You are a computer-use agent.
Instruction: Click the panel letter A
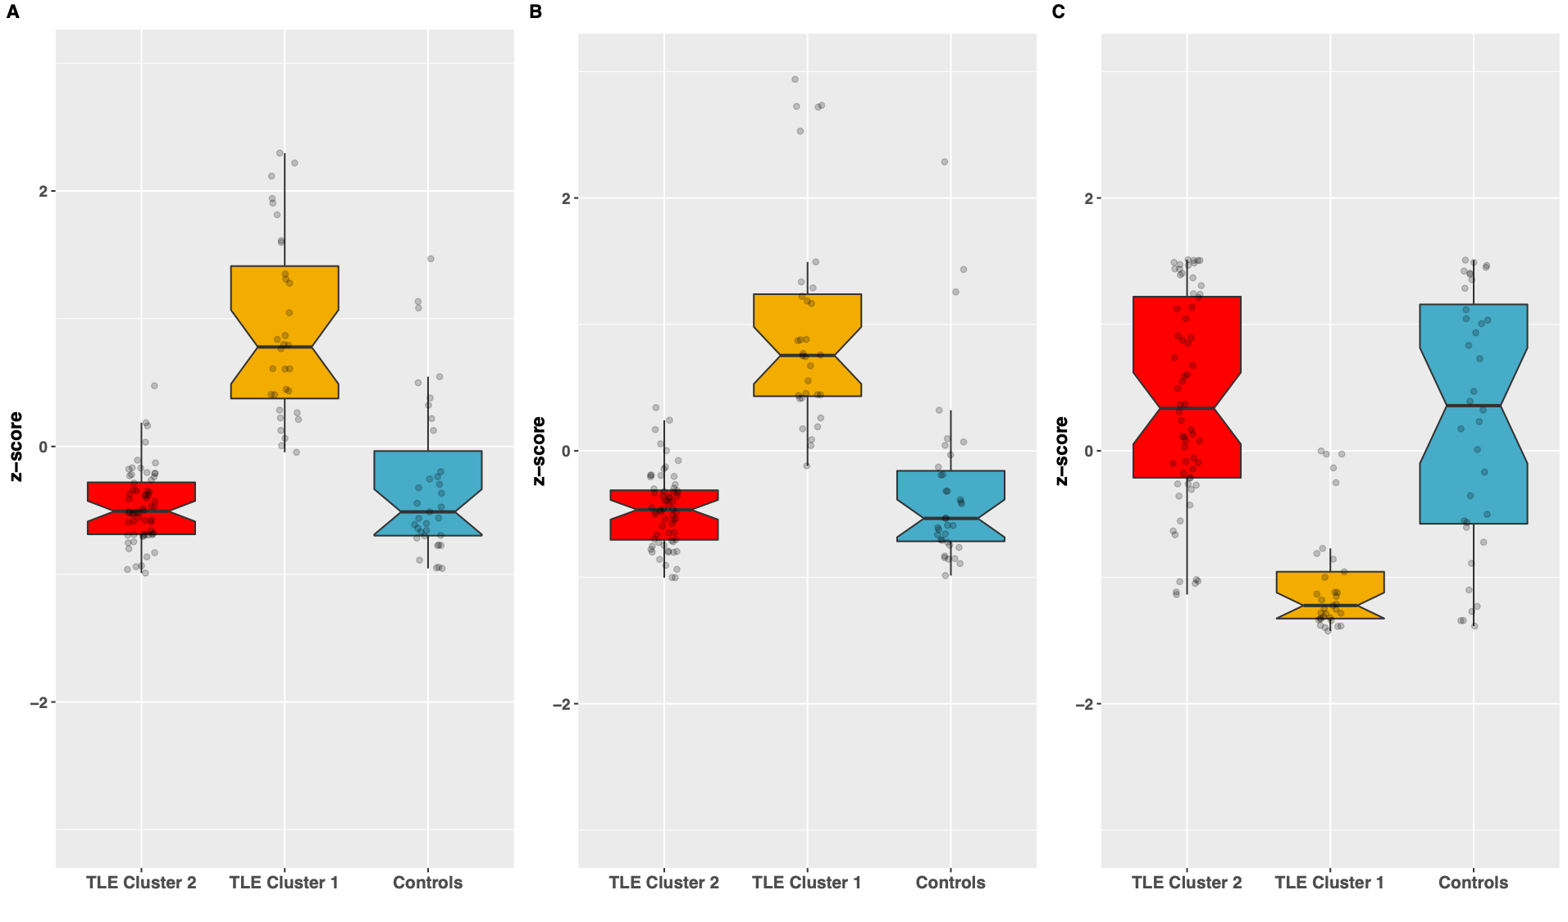[x=12, y=12]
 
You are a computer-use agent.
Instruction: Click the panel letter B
[x=536, y=12]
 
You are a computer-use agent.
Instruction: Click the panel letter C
[x=1058, y=12]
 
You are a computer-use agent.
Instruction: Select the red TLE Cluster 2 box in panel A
[x=141, y=508]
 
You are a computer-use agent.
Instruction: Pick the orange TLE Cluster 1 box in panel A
[x=285, y=332]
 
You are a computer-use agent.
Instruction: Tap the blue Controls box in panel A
[x=427, y=493]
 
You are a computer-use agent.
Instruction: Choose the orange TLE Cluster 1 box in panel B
[x=807, y=345]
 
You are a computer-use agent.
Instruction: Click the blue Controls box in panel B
[x=950, y=506]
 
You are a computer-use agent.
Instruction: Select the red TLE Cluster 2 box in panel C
[x=1187, y=387]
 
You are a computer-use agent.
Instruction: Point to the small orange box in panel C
[x=1330, y=595]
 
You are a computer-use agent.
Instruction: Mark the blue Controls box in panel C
[x=1473, y=414]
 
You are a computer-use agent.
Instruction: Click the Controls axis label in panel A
[x=427, y=883]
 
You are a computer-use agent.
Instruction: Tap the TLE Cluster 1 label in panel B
[x=806, y=883]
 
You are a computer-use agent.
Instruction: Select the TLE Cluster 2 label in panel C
[x=1187, y=883]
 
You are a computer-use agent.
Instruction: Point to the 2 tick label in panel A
[x=43, y=191]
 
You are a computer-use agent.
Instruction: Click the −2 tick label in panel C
[x=1083, y=704]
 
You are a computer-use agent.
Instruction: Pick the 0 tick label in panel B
[x=565, y=451]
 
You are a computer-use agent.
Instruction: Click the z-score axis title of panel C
[x=1062, y=451]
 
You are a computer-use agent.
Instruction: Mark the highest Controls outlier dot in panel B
[x=945, y=162]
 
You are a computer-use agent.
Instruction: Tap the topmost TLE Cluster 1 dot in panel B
[x=795, y=79]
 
